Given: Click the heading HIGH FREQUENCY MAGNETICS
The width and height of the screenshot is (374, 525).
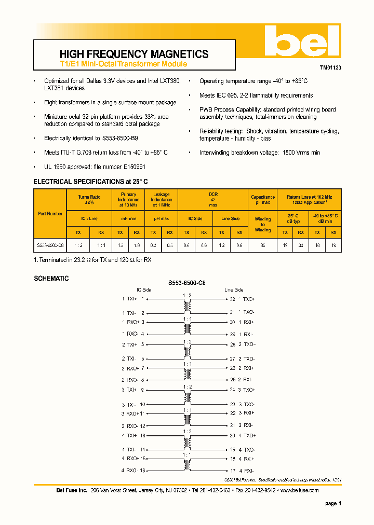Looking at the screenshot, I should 134,54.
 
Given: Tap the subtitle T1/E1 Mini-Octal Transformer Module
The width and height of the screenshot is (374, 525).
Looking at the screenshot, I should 123,64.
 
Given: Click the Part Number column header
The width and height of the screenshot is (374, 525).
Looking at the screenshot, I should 50,213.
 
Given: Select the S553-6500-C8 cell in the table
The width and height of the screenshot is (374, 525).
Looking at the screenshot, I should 50,245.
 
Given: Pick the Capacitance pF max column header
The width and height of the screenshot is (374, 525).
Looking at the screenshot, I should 263,200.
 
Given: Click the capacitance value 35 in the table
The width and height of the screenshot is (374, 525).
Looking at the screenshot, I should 263,245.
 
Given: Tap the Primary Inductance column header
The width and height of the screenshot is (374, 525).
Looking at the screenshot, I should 128,200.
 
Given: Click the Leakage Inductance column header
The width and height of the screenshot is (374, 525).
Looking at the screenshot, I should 162,200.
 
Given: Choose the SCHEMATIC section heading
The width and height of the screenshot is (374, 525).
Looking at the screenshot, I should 51,279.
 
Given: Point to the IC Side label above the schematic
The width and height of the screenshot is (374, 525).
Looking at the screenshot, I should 144,289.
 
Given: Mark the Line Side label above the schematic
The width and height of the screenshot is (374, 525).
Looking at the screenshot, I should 234,289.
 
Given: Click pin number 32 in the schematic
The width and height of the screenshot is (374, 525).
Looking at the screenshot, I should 232,299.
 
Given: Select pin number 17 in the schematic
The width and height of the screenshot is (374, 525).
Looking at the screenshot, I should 232,470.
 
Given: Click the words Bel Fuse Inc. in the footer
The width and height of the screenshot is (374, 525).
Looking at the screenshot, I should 72,490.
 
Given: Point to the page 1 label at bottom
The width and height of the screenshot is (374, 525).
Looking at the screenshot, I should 333,504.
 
